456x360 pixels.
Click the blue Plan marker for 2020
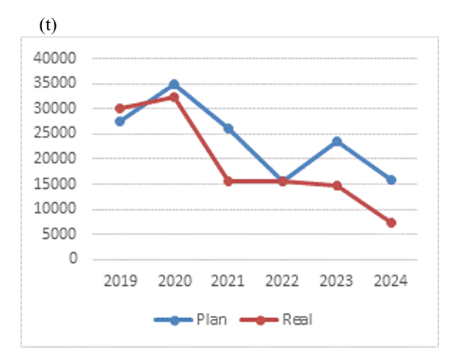coord(174,84)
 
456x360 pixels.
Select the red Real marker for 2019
coord(120,108)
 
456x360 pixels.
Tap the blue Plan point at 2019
coord(120,121)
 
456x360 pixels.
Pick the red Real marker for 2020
coord(174,97)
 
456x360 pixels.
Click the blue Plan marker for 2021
coord(228,129)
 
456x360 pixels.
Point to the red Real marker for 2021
coord(228,181)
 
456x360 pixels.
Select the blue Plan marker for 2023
coord(337,141)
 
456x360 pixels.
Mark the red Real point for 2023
coord(337,186)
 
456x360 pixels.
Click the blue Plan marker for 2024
coord(391,180)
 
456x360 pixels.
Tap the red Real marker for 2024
coord(391,223)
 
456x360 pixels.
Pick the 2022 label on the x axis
coord(283,281)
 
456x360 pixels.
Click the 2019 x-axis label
coord(120,281)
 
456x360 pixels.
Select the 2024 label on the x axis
coord(391,281)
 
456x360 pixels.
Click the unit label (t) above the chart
coord(48,26)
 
